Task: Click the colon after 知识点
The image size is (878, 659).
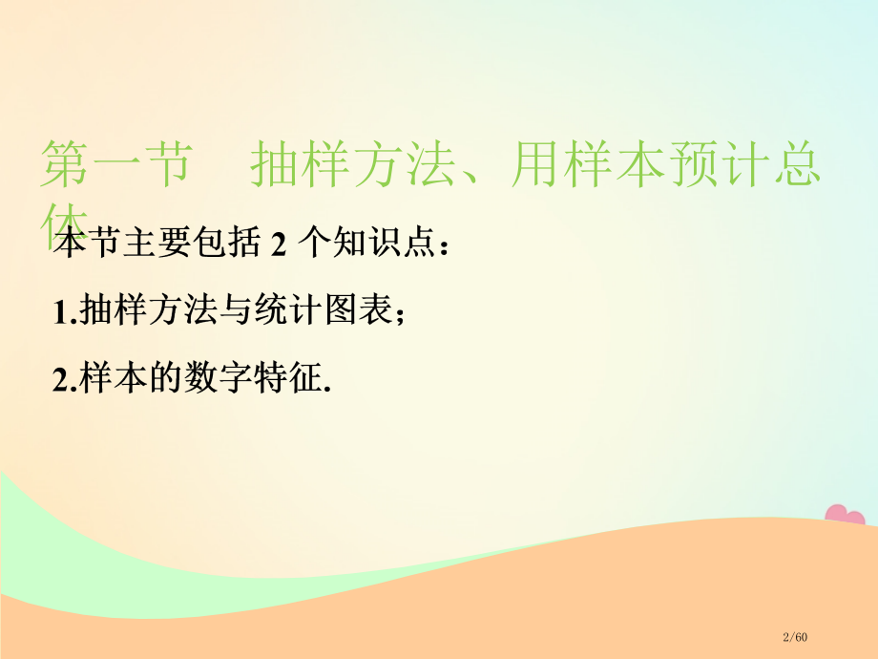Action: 441,246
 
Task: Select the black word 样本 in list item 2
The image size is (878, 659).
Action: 107,379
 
